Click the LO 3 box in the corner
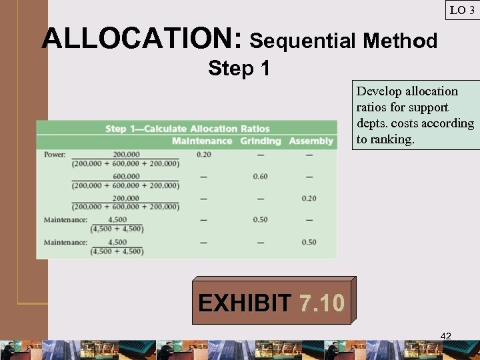462,10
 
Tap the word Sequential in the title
303,41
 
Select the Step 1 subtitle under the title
239,68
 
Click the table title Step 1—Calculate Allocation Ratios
187,129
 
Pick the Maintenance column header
201,141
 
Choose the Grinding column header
260,141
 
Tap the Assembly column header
311,141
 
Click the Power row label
55,155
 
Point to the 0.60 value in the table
260,177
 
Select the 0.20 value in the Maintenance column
203,155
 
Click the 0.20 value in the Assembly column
309,199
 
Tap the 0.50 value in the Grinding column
260,220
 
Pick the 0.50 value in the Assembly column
309,242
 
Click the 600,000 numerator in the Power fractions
126,177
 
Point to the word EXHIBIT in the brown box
244,304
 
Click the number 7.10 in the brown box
322,304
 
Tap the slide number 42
446,336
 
